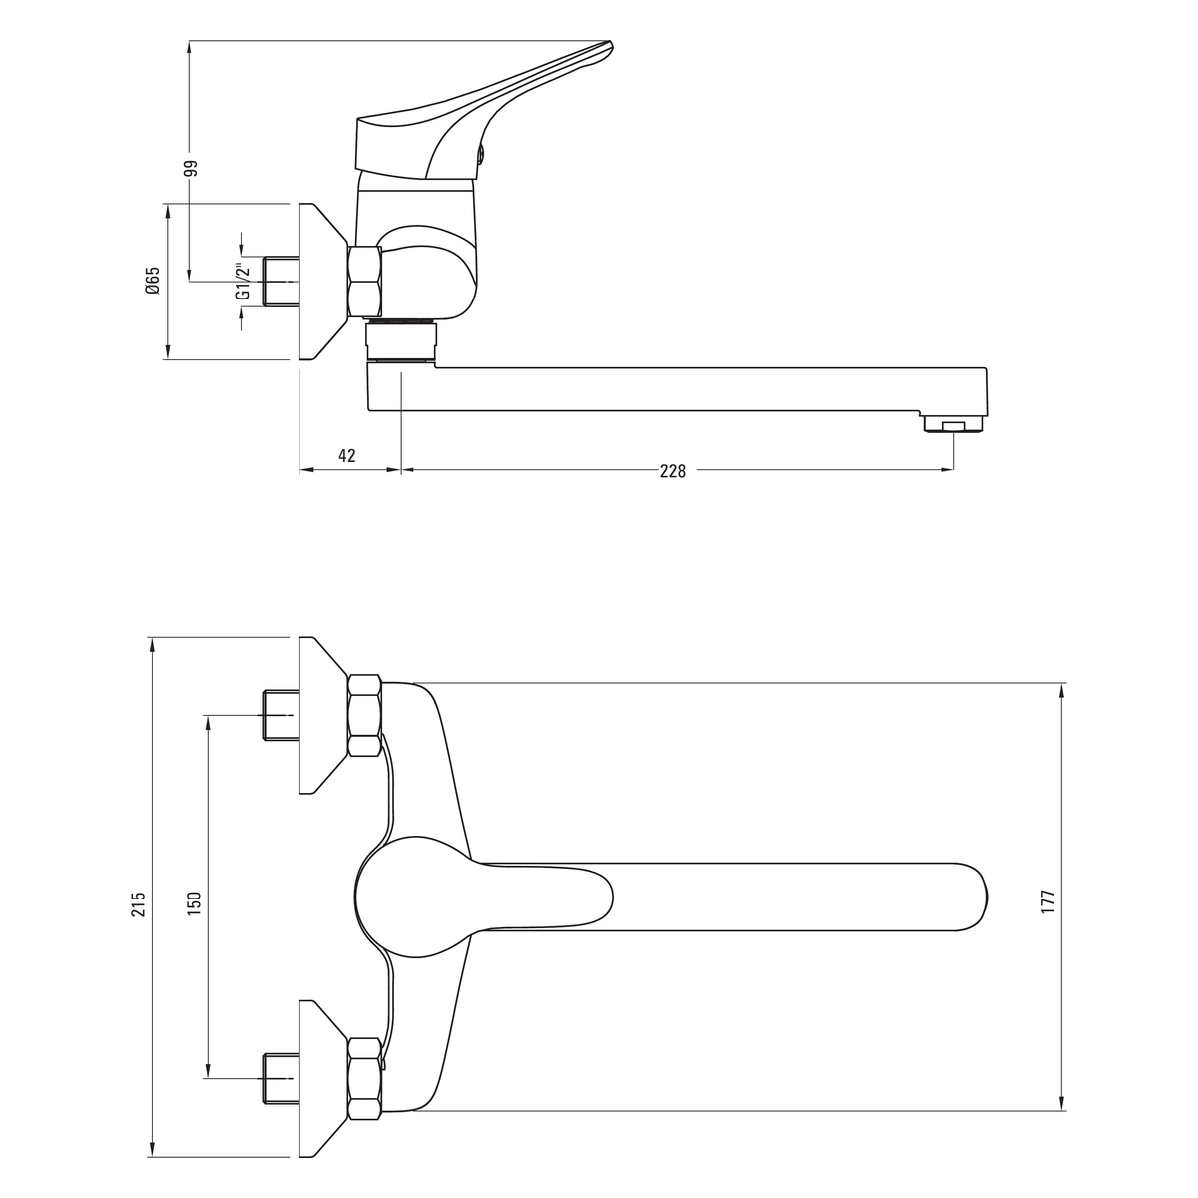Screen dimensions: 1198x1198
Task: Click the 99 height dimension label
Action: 192,168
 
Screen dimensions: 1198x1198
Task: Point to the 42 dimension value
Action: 347,455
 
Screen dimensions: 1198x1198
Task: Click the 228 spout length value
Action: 673,471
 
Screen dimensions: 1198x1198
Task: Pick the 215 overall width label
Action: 139,903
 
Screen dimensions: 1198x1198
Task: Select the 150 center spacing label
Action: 194,903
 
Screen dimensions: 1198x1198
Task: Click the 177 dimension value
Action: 1048,902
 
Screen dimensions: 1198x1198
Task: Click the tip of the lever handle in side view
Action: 611,44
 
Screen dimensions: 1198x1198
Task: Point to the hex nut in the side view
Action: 365,283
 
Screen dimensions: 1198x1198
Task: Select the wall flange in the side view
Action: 322,281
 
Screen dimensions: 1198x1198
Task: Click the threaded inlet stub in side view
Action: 282,281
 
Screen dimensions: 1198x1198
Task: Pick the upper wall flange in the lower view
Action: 322,715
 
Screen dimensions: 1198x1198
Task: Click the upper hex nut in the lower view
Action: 365,715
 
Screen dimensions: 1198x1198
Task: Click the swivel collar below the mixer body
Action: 401,341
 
